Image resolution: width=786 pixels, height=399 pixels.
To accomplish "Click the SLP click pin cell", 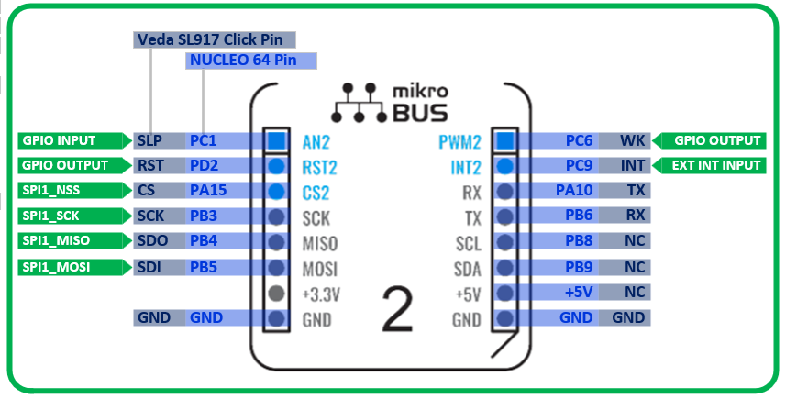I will (x=149, y=141).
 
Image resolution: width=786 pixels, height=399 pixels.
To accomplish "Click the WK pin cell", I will (x=632, y=141).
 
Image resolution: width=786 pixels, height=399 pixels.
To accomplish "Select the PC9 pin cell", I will (x=579, y=166).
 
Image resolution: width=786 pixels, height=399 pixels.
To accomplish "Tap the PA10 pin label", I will (x=576, y=192).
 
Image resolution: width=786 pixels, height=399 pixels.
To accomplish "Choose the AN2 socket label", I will (x=316, y=142).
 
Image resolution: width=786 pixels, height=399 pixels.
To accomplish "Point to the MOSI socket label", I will (x=320, y=270).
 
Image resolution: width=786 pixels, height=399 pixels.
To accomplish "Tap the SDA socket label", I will (x=467, y=270).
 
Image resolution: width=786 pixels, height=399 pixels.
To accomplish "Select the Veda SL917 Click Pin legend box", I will (x=215, y=39).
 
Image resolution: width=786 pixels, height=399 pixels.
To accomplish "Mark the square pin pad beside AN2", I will (x=277, y=141).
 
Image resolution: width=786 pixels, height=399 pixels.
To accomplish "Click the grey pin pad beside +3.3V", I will (x=277, y=294).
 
